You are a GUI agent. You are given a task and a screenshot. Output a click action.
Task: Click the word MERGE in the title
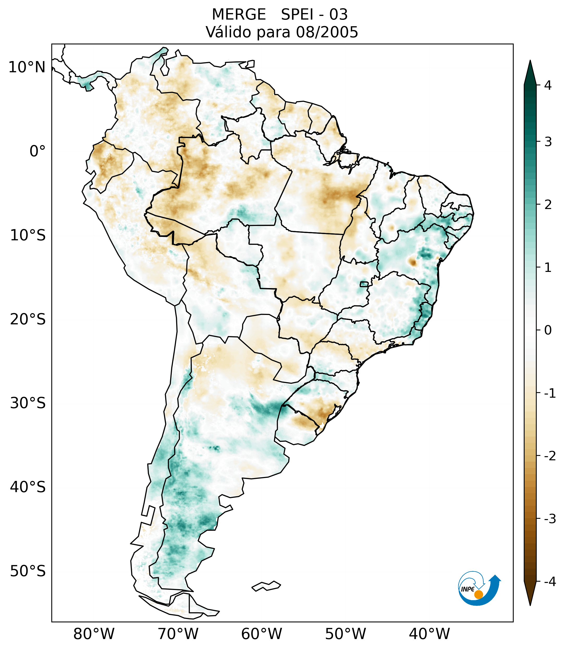point(238,15)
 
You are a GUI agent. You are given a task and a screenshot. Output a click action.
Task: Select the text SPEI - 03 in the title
point(314,15)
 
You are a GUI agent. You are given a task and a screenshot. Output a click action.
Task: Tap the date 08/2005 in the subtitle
point(327,32)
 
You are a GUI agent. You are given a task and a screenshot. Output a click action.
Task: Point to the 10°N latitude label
point(27,67)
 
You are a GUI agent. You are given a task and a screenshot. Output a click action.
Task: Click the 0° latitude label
point(38,151)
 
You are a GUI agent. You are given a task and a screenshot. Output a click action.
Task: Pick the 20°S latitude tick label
point(28,319)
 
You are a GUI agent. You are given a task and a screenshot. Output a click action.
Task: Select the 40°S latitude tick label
point(28,487)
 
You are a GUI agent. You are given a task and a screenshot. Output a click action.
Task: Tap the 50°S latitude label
point(28,571)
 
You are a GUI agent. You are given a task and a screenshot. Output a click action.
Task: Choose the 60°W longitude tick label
point(261,634)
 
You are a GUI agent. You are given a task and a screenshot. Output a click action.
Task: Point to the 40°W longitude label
point(429,634)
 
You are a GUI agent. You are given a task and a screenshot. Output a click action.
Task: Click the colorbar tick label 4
point(548,85)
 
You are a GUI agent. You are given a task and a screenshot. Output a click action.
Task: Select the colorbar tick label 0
point(548,330)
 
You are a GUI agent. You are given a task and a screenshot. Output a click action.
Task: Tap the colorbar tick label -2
point(550,456)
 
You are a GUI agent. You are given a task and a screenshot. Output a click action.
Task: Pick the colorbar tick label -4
point(550,582)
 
